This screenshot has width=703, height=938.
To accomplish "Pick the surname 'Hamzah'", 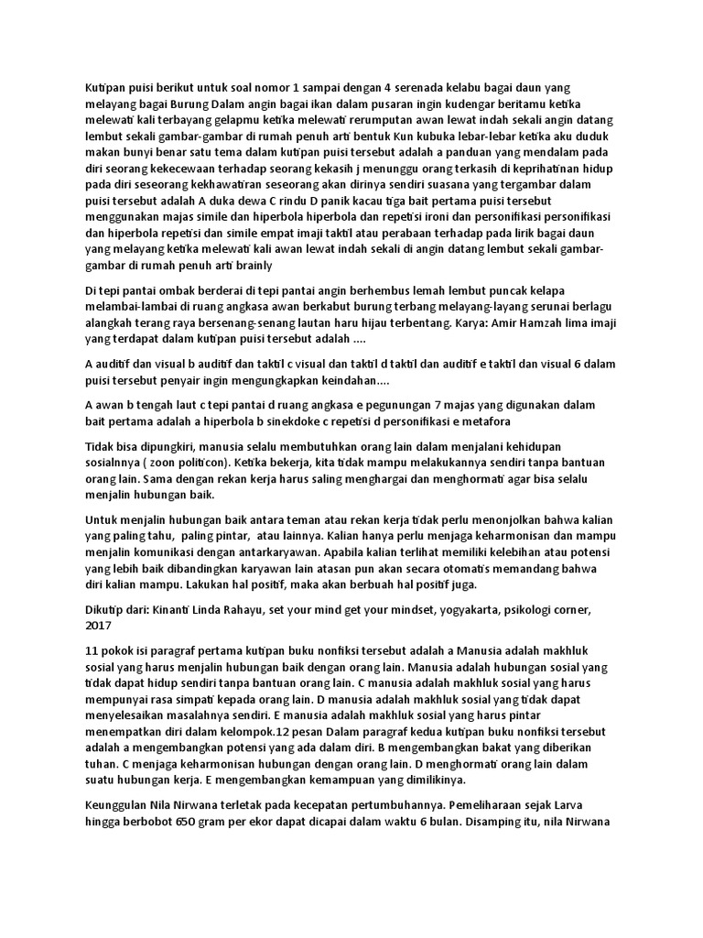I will [x=529, y=323].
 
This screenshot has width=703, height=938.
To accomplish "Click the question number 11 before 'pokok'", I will [x=92, y=651].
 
